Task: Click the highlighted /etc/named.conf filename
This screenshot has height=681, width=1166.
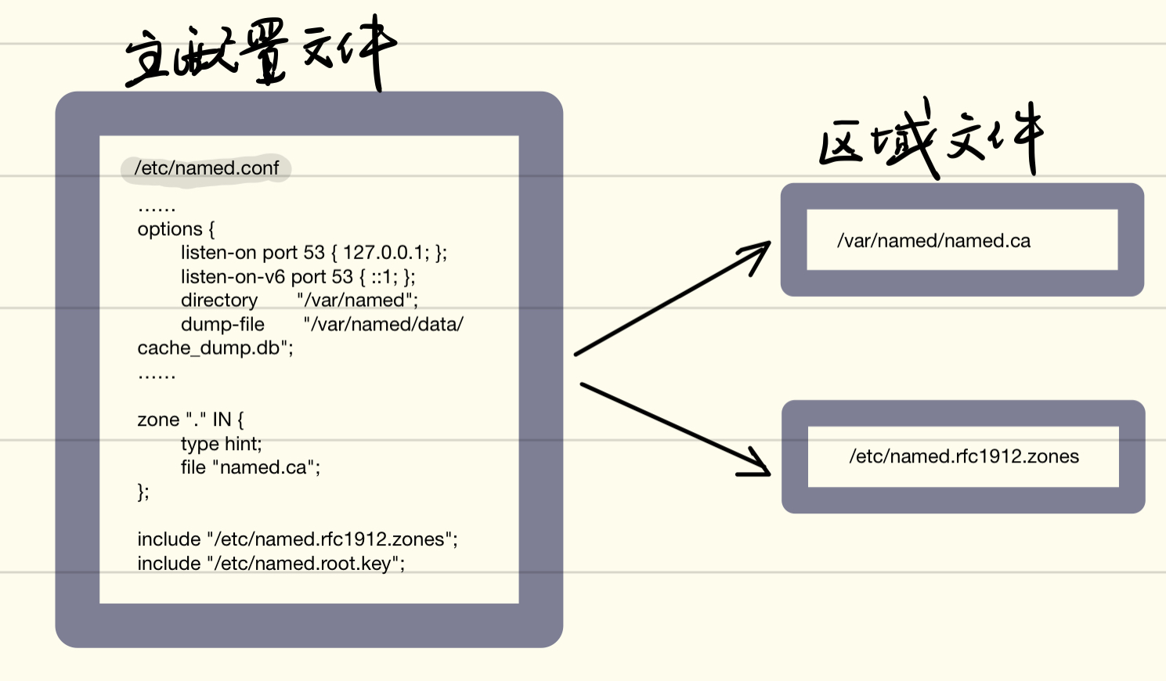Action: click(x=207, y=168)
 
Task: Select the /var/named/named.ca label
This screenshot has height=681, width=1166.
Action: click(x=933, y=241)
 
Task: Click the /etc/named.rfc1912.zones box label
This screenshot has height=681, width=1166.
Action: click(x=964, y=456)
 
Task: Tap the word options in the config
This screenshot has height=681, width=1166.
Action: click(x=170, y=229)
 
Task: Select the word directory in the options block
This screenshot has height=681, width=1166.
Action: click(x=219, y=301)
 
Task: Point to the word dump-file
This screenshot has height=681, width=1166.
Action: click(x=222, y=324)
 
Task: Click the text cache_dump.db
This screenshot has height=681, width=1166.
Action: click(x=208, y=348)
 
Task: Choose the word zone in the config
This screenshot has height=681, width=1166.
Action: click(x=158, y=420)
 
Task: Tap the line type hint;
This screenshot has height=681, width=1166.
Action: click(x=221, y=444)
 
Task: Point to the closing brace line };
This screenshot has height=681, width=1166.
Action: click(x=143, y=492)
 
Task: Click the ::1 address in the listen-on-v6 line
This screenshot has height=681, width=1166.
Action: click(x=384, y=277)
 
